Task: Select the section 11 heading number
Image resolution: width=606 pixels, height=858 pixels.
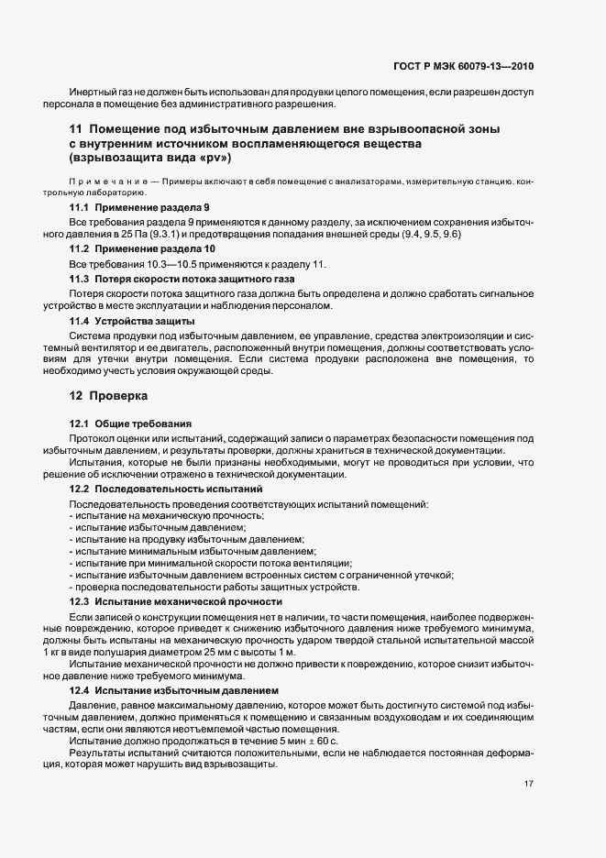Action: click(x=76, y=130)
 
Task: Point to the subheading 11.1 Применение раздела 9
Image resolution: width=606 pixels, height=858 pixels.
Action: click(x=139, y=208)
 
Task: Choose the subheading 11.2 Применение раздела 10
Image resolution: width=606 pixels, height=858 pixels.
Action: click(x=142, y=249)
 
